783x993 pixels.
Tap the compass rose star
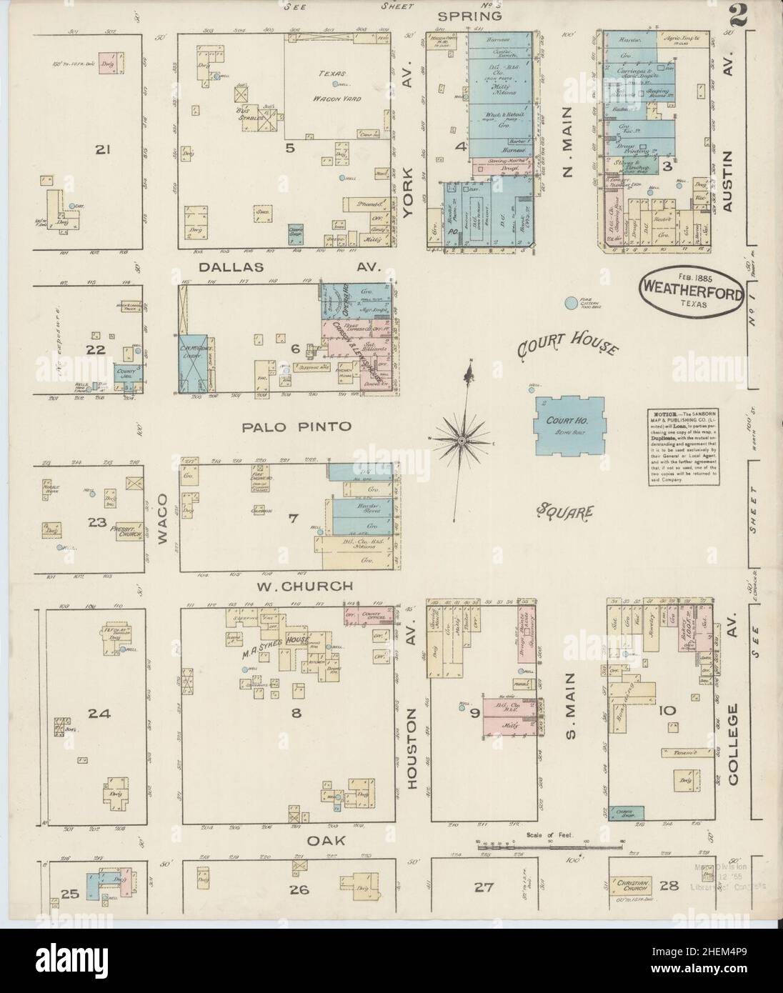(x=463, y=441)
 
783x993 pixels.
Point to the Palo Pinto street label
(x=296, y=426)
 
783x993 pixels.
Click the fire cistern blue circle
(x=571, y=304)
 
